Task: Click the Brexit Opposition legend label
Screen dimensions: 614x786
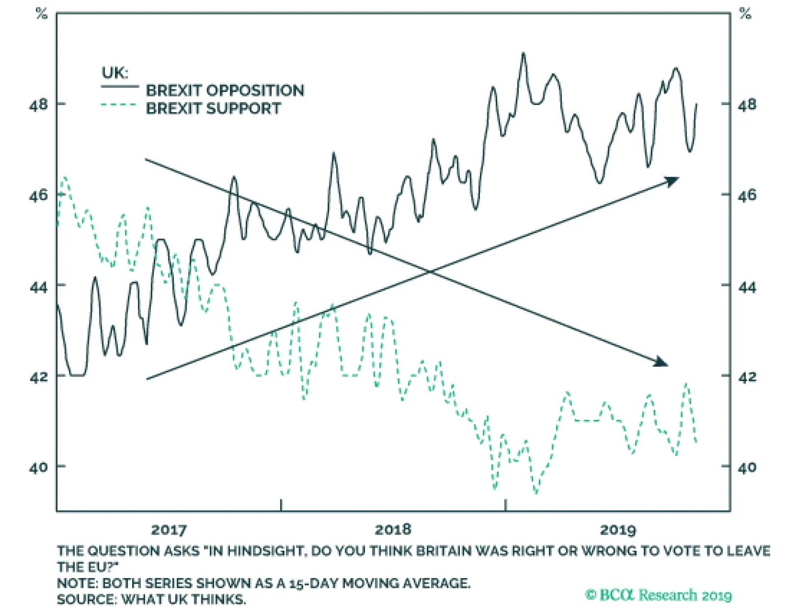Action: tap(225, 90)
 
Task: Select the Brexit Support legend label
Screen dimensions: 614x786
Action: tap(213, 108)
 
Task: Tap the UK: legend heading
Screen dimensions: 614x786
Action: tap(114, 73)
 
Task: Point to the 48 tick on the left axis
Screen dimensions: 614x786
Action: tap(39, 104)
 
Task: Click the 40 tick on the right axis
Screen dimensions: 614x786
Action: tap(747, 467)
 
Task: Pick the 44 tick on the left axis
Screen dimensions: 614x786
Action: tap(39, 286)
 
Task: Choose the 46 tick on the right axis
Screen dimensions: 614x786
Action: tap(747, 195)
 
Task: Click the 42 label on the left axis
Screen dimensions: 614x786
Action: tap(39, 377)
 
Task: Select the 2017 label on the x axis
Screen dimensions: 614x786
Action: tap(168, 529)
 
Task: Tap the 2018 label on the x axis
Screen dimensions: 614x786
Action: tap(393, 529)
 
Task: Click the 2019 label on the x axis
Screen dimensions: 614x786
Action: tap(618, 529)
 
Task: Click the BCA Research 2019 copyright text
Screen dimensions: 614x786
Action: tap(658, 595)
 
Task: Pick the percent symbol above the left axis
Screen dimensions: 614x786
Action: tap(42, 14)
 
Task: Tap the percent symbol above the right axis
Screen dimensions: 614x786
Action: tap(745, 14)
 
